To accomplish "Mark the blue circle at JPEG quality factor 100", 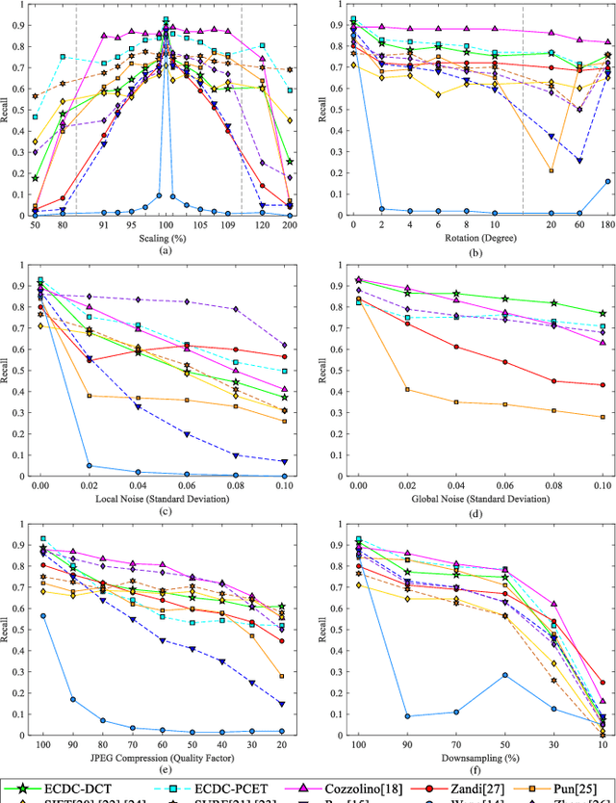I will pos(42,616).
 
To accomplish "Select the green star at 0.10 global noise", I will pos(603,313).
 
